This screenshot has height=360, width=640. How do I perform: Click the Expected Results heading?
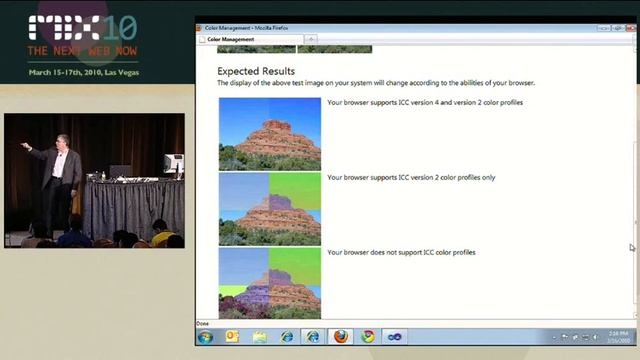(256, 72)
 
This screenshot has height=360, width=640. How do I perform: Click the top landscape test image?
(270, 133)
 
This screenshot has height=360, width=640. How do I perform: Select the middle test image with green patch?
(270, 208)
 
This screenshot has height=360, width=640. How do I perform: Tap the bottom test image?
(270, 283)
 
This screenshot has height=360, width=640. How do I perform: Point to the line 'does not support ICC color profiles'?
(401, 253)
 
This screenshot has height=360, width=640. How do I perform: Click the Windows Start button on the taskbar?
(206, 337)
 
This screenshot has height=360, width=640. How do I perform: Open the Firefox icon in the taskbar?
(340, 337)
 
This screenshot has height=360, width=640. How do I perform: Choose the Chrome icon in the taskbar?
(367, 337)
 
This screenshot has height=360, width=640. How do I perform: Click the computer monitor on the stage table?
(173, 163)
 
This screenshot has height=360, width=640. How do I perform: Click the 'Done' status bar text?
(203, 324)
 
